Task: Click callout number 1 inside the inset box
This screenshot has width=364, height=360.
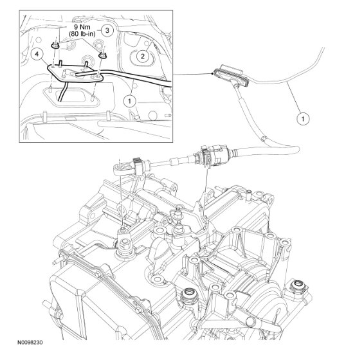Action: [x=131, y=101]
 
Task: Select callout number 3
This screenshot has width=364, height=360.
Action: [x=108, y=30]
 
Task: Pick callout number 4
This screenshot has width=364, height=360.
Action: [x=39, y=57]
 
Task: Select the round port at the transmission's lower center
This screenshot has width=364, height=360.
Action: [x=190, y=296]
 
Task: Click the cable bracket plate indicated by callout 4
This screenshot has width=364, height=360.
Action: [x=71, y=76]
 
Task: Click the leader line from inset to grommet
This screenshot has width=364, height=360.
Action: [x=187, y=75]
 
